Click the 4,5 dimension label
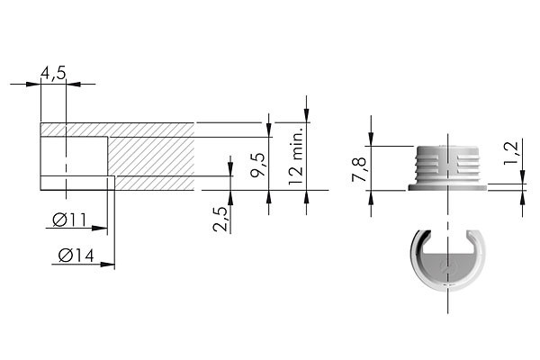click(x=53, y=73)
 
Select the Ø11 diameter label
click(x=69, y=220)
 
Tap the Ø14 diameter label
click(x=76, y=256)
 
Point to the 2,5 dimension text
click(x=220, y=219)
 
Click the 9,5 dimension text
click(x=258, y=165)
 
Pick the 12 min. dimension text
click(x=295, y=156)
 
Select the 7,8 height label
click(x=358, y=169)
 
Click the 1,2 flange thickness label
click(x=510, y=153)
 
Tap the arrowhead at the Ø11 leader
click(x=100, y=228)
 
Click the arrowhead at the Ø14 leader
click(x=107, y=265)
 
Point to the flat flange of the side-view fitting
click(x=447, y=187)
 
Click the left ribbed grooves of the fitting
click(x=427, y=165)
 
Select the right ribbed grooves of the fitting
click(x=468, y=165)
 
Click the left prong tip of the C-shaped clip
click(x=426, y=234)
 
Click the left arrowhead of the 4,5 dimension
click(x=33, y=84)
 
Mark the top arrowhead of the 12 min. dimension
click(x=306, y=115)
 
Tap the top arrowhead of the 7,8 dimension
click(x=371, y=139)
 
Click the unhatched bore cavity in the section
click(x=74, y=157)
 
